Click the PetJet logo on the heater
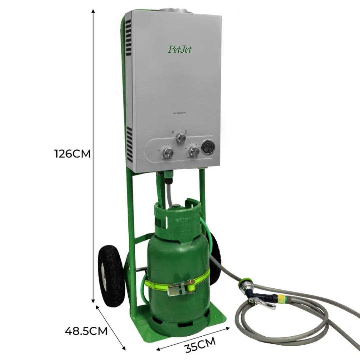180,50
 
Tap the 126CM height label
72,154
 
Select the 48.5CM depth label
86,331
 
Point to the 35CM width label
200,345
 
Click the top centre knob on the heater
181,137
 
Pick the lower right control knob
194,152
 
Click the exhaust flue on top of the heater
176,11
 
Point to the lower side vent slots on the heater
129,143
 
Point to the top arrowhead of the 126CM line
93,12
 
